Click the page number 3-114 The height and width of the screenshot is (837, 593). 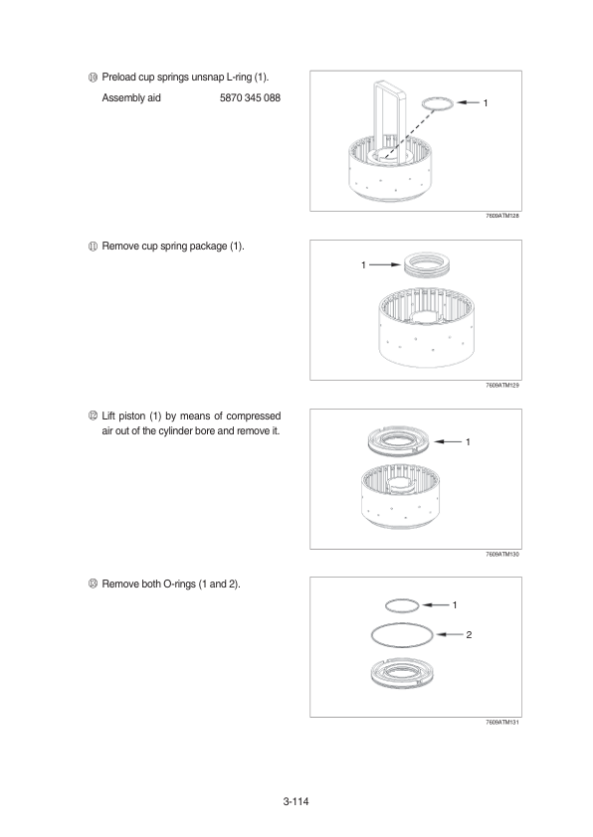296,801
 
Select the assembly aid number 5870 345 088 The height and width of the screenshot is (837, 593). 250,97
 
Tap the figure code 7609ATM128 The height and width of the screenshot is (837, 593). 502,216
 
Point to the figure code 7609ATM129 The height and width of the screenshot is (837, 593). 502,385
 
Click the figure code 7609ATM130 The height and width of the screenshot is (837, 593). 502,554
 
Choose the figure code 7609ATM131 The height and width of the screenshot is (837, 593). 502,723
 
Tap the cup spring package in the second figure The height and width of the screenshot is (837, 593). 428,264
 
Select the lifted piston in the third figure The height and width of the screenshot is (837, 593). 399,442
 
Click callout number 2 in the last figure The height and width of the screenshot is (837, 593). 469,634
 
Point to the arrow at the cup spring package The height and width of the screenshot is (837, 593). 385,264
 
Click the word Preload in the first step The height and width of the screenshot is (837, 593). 118,77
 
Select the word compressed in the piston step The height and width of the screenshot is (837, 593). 254,416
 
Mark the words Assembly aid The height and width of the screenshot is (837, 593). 131,97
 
